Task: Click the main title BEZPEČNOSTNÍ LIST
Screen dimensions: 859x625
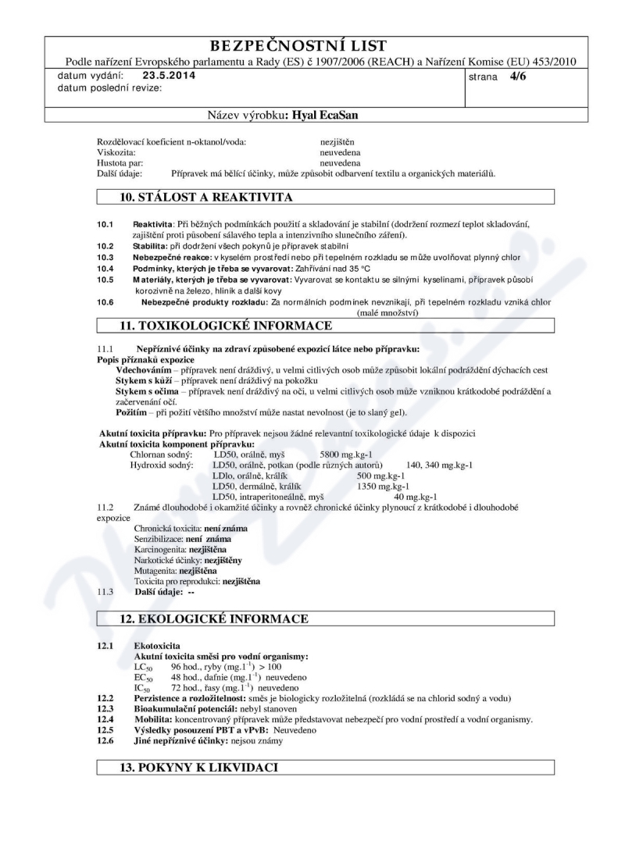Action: point(312,45)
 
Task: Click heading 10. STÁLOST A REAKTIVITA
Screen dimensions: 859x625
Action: point(206,196)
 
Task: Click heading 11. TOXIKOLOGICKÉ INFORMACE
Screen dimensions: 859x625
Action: point(226,325)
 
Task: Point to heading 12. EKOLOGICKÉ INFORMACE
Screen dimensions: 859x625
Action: point(214,618)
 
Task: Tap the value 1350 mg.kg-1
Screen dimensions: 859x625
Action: point(384,486)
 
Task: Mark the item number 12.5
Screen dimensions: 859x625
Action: point(105,729)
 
